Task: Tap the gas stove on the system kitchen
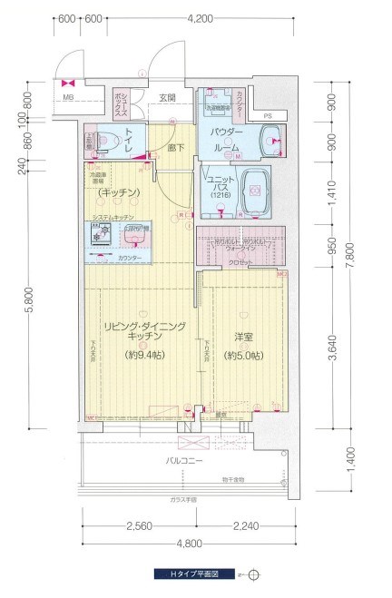pyautogui.click(x=99, y=237)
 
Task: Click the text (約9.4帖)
pyautogui.click(x=144, y=355)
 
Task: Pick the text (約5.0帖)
pyautogui.click(x=242, y=355)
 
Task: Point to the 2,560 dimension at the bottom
pyautogui.click(x=139, y=525)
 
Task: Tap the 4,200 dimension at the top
pyautogui.click(x=199, y=18)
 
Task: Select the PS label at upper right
pyautogui.click(x=268, y=115)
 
